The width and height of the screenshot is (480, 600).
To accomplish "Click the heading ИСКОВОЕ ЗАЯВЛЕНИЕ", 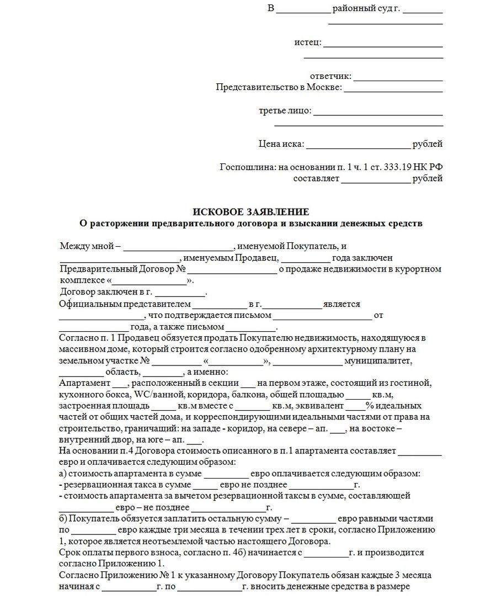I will [250, 212].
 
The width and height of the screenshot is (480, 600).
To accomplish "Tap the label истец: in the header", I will [307, 43].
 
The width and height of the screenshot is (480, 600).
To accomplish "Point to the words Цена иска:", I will [281, 144].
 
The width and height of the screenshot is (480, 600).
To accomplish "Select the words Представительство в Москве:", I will [279, 87].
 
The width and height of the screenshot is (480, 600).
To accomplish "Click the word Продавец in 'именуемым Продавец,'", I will [258, 257].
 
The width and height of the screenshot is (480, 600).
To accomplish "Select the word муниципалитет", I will [378, 361].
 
